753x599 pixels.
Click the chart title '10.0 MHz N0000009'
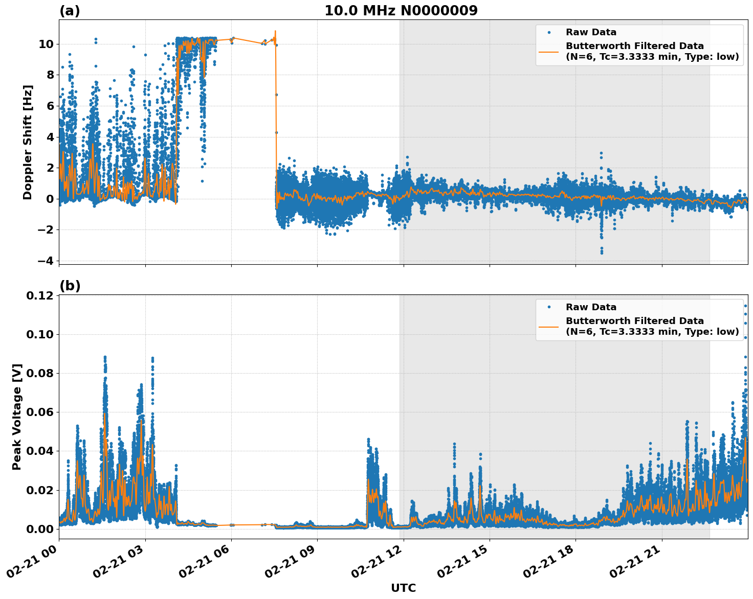point(401,11)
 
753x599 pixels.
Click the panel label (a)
point(70,11)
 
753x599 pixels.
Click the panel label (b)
point(70,286)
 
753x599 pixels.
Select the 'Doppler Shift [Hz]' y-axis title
point(28,142)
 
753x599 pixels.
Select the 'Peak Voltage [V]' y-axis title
point(17,417)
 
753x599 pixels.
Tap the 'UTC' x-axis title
point(403,588)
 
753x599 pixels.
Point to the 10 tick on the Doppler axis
point(46,44)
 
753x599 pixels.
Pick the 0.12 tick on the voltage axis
point(40,296)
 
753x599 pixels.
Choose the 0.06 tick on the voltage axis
point(40,412)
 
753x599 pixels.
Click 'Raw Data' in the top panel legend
point(591,32)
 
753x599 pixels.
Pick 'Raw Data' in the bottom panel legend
point(591,307)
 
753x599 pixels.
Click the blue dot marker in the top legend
point(549,32)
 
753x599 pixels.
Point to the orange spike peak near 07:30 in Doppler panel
point(275,31)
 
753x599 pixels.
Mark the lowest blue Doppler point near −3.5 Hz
point(602,252)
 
